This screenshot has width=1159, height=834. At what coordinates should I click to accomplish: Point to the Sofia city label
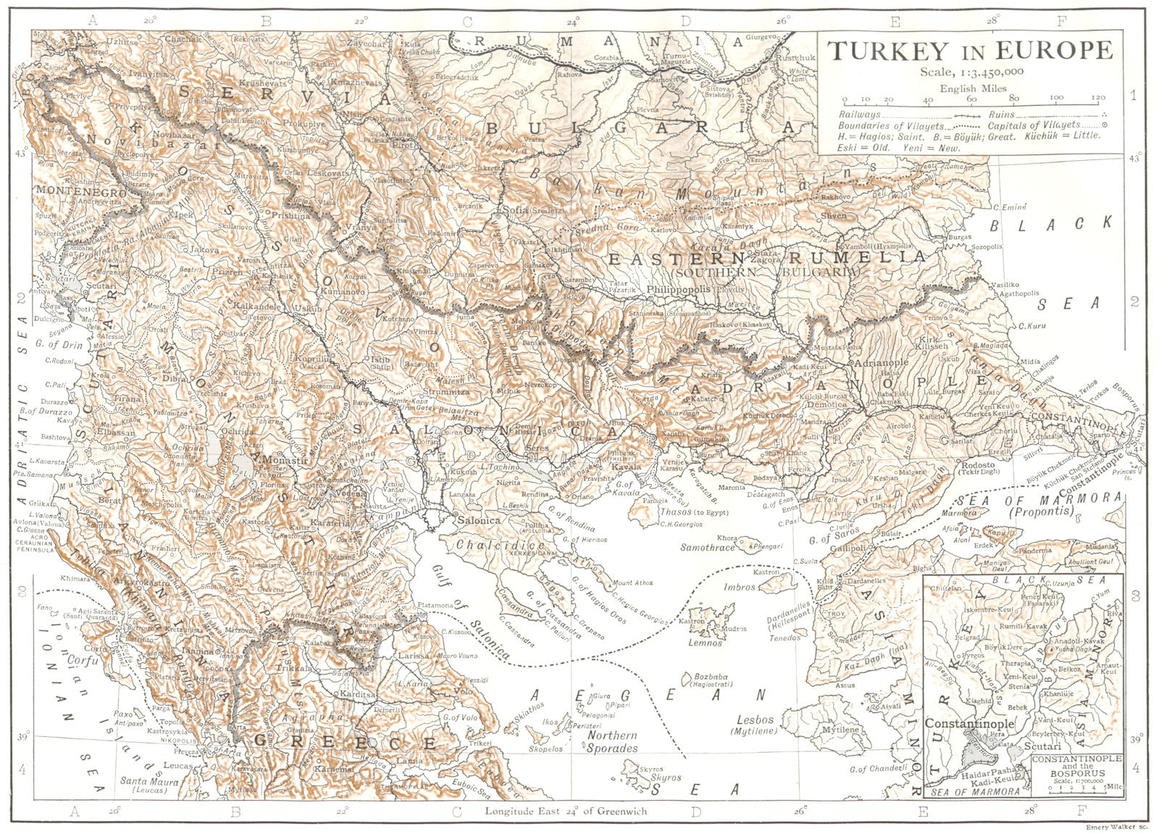pos(511,211)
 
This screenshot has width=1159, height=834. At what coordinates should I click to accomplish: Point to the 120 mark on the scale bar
pos(1098,97)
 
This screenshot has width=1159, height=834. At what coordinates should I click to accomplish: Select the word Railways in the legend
pos(860,114)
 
